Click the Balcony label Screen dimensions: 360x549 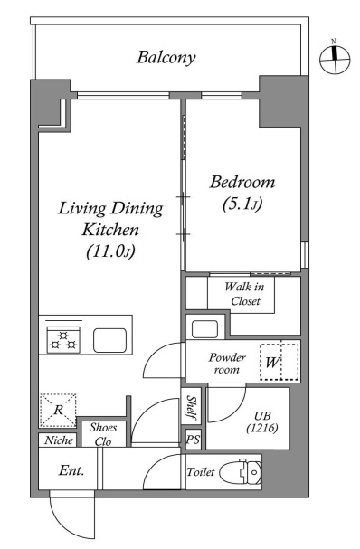click(x=166, y=58)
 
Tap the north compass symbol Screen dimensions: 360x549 click(x=335, y=59)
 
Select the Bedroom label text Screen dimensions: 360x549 click(x=242, y=183)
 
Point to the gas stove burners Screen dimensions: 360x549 click(x=63, y=340)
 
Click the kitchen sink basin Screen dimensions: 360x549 click(x=110, y=340)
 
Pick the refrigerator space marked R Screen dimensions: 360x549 click(x=58, y=410)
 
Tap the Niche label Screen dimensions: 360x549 click(x=59, y=440)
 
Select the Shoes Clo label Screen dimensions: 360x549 click(x=103, y=434)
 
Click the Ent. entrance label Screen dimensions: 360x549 click(x=71, y=470)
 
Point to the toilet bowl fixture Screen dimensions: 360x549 click(x=241, y=472)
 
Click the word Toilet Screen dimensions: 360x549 click(x=200, y=472)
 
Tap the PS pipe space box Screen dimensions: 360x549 click(x=193, y=439)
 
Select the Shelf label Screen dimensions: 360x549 click(x=191, y=406)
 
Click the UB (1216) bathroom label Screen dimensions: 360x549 click(x=262, y=421)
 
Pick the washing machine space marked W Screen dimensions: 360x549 click(x=279, y=362)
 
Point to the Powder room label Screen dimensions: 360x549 click(x=227, y=364)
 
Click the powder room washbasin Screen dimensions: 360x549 click(x=204, y=329)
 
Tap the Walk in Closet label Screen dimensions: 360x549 click(x=244, y=294)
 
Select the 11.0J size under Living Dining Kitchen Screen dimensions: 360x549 click(x=110, y=251)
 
